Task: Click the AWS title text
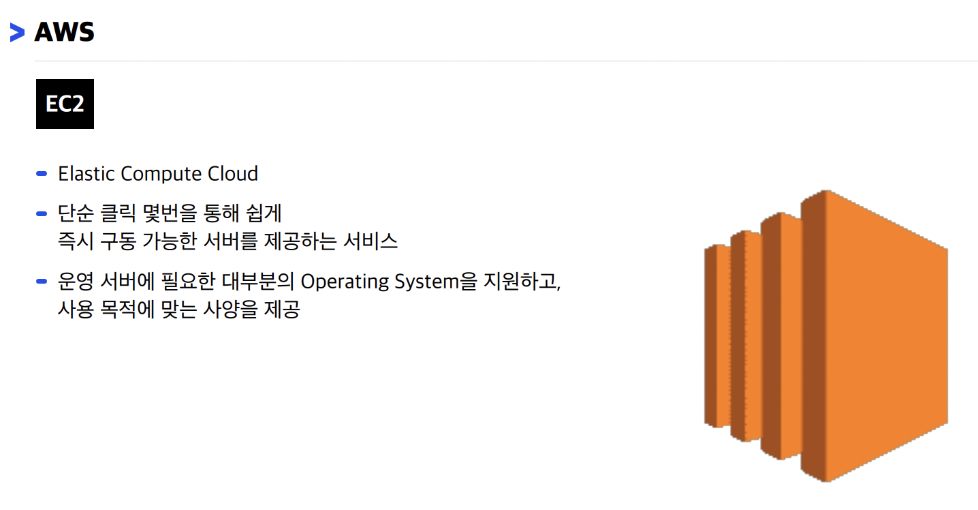point(64,32)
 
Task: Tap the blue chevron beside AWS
point(18,32)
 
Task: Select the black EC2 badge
point(65,104)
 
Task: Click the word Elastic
point(86,174)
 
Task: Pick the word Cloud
point(233,174)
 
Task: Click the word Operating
point(343,282)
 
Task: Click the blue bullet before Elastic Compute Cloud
point(42,174)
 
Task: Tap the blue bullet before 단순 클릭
point(42,214)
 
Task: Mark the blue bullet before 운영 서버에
point(42,282)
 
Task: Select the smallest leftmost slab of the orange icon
point(717,335)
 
